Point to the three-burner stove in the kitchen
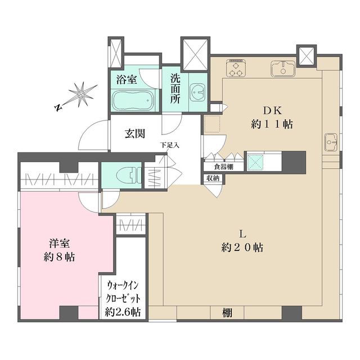[236, 68]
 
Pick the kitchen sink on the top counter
[282, 69]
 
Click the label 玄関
[136, 133]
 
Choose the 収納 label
[213, 178]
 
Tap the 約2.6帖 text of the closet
[123, 312]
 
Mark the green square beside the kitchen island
[254, 162]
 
